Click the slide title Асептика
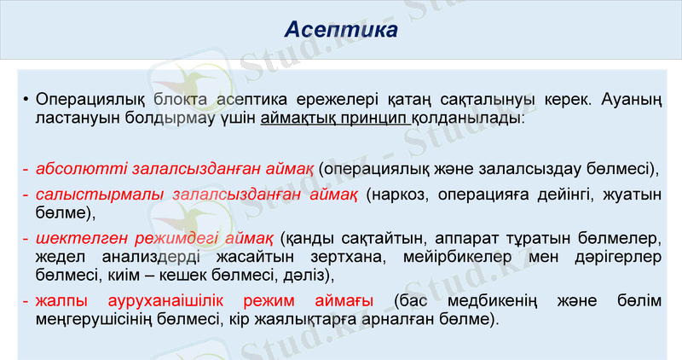point(341,31)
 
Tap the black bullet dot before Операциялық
point(27,100)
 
